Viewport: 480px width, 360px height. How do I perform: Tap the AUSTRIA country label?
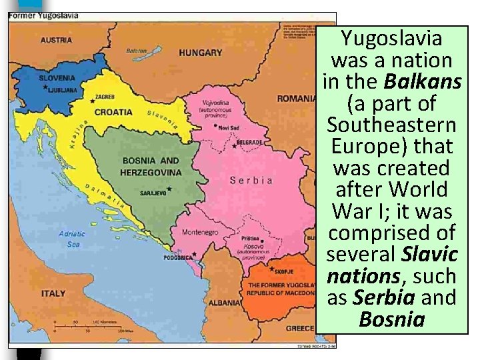pyautogui.click(x=56, y=40)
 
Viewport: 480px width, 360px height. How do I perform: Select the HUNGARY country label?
pyautogui.click(x=201, y=53)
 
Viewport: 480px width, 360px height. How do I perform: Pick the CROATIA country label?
pyautogui.click(x=113, y=112)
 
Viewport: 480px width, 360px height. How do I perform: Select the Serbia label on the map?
pyautogui.click(x=251, y=180)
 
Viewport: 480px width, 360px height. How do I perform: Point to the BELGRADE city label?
pyautogui.click(x=249, y=142)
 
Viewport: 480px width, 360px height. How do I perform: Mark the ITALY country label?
pyautogui.click(x=53, y=293)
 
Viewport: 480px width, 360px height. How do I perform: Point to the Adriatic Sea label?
pyautogui.click(x=71, y=239)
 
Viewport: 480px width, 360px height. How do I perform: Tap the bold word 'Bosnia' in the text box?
pyautogui.click(x=392, y=318)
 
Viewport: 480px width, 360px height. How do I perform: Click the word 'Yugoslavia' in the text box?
pyautogui.click(x=392, y=39)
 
